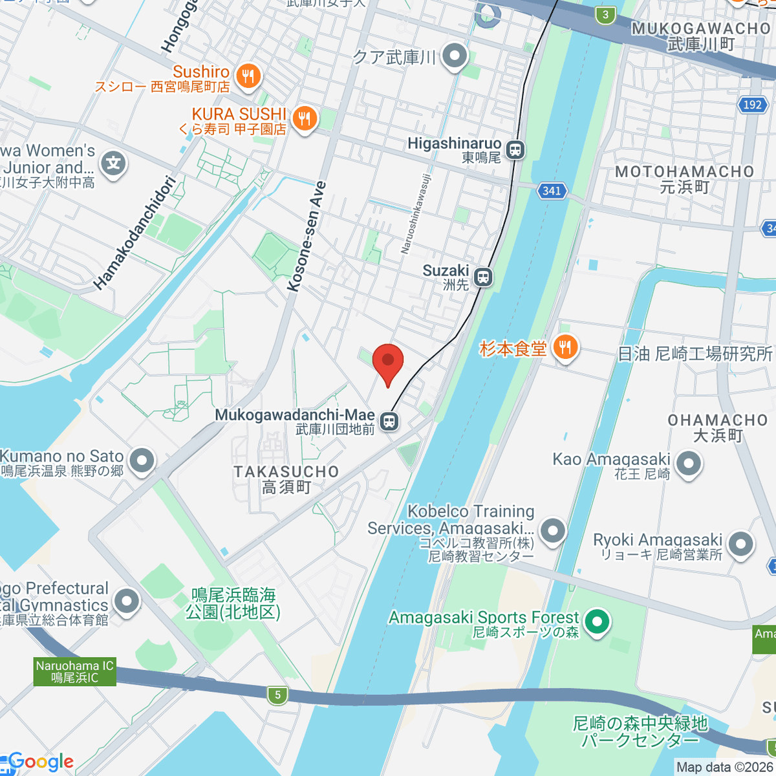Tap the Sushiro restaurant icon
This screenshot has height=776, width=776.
coord(248,76)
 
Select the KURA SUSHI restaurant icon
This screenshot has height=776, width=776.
coord(303,118)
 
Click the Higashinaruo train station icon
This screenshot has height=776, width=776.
coord(515,150)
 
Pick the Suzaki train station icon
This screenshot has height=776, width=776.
coord(483,277)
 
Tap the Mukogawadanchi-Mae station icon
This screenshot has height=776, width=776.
coord(389,422)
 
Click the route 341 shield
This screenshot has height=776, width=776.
coord(552,190)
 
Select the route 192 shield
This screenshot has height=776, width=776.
coord(752,105)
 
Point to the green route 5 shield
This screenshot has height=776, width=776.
coord(277,695)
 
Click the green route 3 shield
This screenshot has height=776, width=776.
coord(605,15)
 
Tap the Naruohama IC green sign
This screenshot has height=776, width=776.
coord(75,672)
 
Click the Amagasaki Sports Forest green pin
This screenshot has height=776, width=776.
coord(596,622)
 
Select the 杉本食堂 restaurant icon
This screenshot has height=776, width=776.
coord(565,349)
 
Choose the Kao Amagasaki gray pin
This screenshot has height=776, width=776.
coord(688,463)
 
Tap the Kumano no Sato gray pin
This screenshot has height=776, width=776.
coord(141,461)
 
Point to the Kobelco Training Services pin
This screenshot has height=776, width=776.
coord(552,531)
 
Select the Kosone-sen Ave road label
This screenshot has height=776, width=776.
coord(307,237)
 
